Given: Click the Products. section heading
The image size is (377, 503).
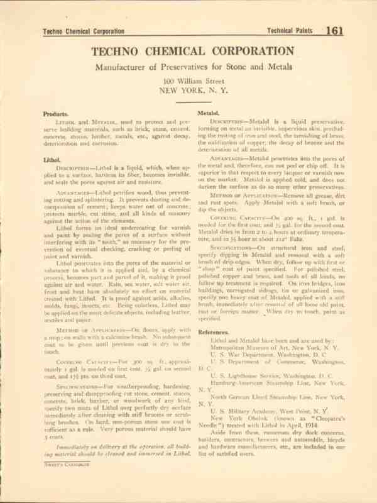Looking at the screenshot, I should click(x=56, y=114).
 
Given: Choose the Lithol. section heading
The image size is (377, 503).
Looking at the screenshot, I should click(x=52, y=160).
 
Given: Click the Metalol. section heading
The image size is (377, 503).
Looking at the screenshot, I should click(x=209, y=113).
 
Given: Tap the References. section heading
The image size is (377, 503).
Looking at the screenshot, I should click(x=213, y=331).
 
